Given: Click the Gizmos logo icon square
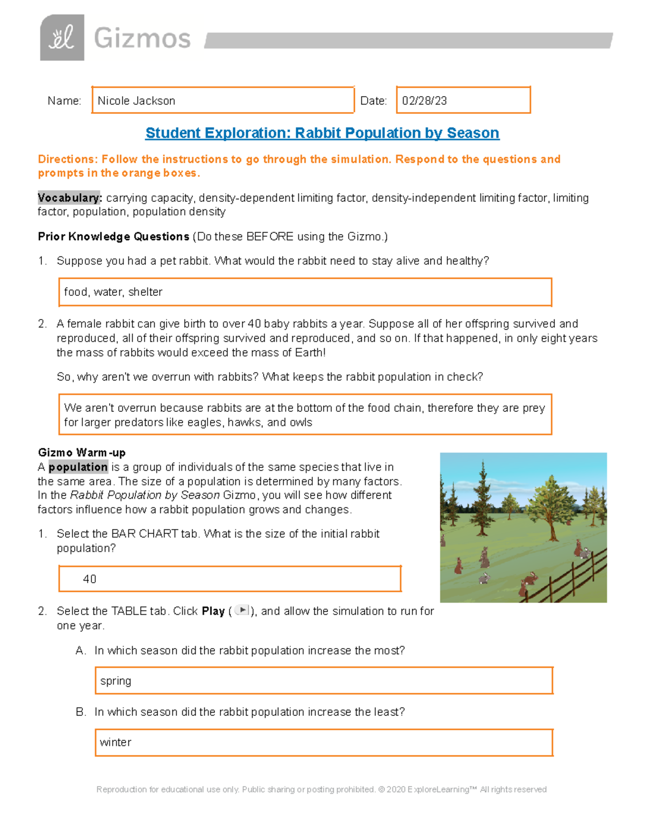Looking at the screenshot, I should [x=62, y=38].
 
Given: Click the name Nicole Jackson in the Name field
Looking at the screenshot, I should [x=137, y=101].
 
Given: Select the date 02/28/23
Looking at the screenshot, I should [x=425, y=101].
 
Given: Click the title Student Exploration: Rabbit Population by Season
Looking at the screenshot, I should [x=322, y=133].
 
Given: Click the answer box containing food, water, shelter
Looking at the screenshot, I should [x=305, y=292].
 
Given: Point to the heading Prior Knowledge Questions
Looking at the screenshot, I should [x=113, y=237].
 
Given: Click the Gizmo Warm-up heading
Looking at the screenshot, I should [x=82, y=453].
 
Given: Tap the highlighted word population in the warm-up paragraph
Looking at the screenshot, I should [x=78, y=467].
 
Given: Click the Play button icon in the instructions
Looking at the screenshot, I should [x=242, y=610].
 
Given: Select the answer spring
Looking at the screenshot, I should [x=116, y=681].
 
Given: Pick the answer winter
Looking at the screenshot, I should [x=116, y=743].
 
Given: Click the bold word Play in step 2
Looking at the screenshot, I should [x=213, y=611].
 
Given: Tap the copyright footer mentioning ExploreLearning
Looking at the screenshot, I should [x=321, y=789].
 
